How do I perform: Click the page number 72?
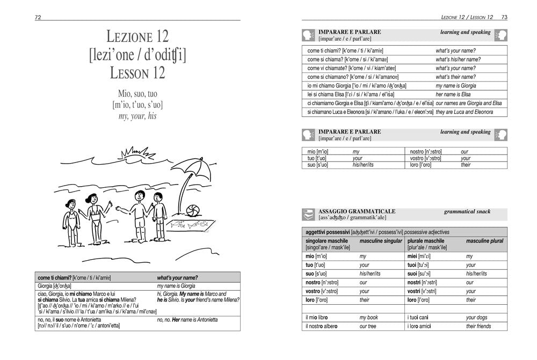tap(38, 17)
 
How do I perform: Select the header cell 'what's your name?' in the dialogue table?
tap(177, 278)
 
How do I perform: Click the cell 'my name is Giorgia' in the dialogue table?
tap(173, 286)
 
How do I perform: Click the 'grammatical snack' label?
tap(467, 211)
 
